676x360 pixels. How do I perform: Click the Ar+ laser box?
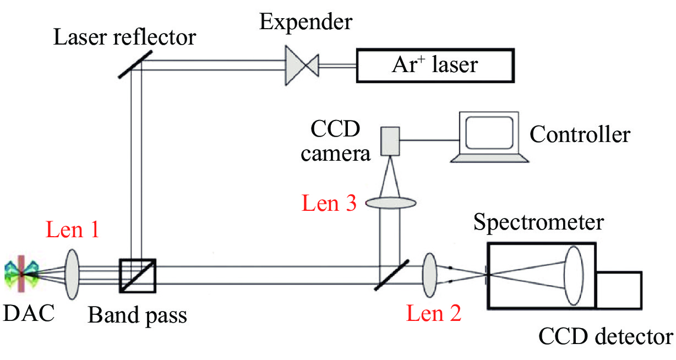[x=435, y=66]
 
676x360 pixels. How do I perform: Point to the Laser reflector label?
[x=125, y=37]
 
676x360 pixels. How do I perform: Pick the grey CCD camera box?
[x=390, y=140]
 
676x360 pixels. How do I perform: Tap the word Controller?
[x=580, y=134]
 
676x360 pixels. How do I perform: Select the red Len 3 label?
[x=329, y=204]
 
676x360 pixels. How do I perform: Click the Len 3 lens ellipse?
[x=389, y=203]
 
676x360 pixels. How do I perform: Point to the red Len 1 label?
[x=73, y=230]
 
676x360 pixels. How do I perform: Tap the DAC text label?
[x=29, y=314]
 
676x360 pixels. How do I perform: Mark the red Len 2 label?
[x=433, y=314]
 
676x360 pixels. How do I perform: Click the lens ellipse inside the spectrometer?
[x=573, y=275]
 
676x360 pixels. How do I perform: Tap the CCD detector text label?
[x=605, y=336]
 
